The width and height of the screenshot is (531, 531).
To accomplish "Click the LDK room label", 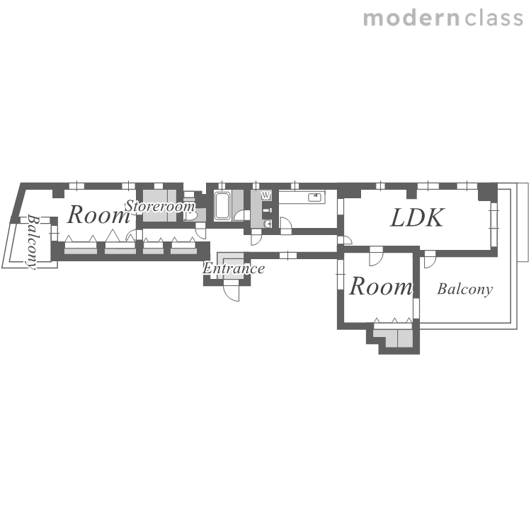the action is coord(416,217).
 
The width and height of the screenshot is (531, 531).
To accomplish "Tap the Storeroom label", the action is coord(160,206).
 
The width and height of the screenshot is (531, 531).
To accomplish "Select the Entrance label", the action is coord(234,268).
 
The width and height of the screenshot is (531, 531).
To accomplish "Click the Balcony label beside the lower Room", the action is coord(465,289).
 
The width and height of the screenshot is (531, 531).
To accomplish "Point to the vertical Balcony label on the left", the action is coord(33,241).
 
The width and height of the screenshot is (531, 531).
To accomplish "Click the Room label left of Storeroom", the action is coord(99,215).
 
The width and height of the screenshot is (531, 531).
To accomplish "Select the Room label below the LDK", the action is coord(381,286).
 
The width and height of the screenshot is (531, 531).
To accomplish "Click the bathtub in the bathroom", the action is coord(222,206).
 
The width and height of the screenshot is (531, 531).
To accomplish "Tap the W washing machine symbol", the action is coord(266,195).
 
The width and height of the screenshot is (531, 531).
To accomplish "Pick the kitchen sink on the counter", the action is coord(314,197).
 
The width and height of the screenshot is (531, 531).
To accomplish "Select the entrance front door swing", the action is coord(232,293).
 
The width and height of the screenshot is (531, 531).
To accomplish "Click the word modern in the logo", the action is coord(411,18).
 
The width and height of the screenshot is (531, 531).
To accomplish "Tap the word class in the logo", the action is coord(494,18).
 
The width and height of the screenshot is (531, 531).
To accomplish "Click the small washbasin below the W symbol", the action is coord(268,224).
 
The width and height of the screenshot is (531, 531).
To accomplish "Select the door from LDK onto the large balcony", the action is coord(430,260).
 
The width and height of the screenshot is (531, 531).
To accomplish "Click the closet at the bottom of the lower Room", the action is coord(393,336).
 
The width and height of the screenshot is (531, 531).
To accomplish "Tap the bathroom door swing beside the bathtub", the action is coord(242,216).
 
